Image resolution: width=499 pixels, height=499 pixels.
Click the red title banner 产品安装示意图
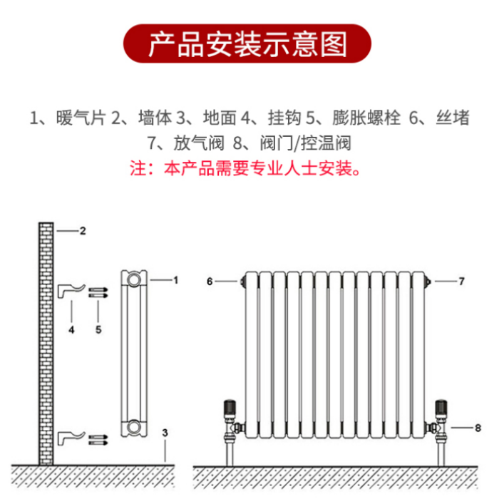pyautogui.click(x=247, y=43)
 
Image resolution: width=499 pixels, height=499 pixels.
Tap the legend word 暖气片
pyautogui.click(x=81, y=118)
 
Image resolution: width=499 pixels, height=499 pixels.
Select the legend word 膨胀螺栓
pyautogui.click(x=366, y=118)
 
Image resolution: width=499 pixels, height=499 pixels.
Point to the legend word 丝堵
pyautogui.click(x=453, y=118)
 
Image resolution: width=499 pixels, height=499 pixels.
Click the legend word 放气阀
pyautogui.click(x=199, y=143)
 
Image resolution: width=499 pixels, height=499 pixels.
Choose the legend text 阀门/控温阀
pyautogui.click(x=306, y=143)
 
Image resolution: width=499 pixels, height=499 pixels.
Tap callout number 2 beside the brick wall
pyautogui.click(x=83, y=231)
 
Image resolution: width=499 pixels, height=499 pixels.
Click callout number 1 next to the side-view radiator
pyautogui.click(x=175, y=280)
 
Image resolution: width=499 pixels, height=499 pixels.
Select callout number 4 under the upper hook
pyautogui.click(x=71, y=330)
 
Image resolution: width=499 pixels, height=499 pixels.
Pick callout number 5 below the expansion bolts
pyautogui.click(x=98, y=329)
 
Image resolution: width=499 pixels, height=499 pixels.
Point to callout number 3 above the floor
pyautogui.click(x=165, y=433)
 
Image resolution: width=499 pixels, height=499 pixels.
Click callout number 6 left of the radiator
pyautogui.click(x=210, y=282)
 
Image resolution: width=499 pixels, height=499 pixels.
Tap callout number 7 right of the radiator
pyautogui.click(x=461, y=282)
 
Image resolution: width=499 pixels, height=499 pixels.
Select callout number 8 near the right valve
pyautogui.click(x=478, y=428)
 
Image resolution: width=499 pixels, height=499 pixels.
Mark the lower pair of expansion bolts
pyautogui.click(x=98, y=440)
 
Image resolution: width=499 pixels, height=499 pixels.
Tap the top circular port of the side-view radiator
pyautogui.click(x=134, y=279)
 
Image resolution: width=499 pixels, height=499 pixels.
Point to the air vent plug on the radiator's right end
pyautogui.click(x=428, y=282)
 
